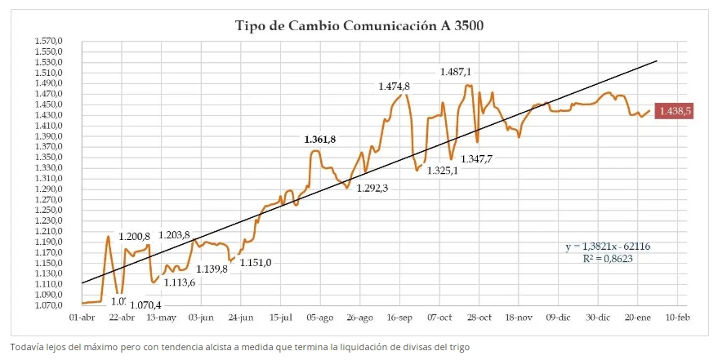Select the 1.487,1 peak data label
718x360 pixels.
click(456, 72)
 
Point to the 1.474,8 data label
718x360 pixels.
click(394, 87)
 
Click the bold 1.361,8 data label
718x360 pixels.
click(320, 140)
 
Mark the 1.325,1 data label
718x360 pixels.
click(442, 171)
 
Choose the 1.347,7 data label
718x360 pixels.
click(476, 158)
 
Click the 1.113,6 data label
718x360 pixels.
click(180, 282)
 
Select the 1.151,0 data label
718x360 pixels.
click(256, 262)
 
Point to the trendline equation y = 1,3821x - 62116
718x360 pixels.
click(607, 246)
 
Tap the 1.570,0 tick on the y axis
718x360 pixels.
click(49, 41)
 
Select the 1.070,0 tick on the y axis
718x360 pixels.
click(49, 305)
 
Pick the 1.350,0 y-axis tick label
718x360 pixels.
click(49, 158)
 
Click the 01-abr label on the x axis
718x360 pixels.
click(83, 318)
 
